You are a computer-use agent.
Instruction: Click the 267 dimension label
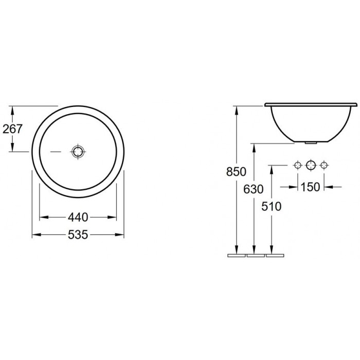point(12,129)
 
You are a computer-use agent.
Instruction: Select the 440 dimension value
point(78,217)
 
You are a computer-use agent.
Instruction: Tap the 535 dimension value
point(78,235)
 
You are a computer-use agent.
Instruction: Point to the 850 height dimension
point(236,171)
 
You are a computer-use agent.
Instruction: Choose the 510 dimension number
point(271,206)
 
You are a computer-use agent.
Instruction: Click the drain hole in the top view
point(78,152)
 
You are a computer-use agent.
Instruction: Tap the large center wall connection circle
point(311,165)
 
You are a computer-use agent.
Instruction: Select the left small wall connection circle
point(298,165)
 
